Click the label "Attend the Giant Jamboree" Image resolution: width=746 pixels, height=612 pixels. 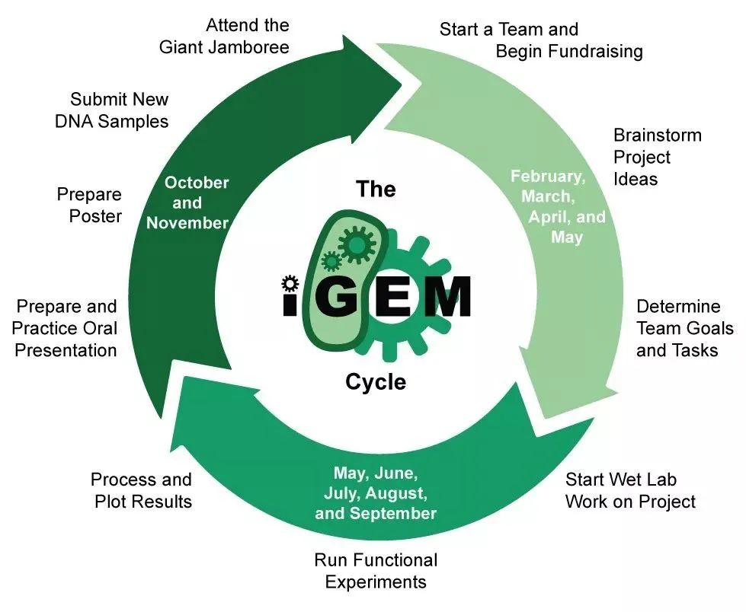[x=224, y=37]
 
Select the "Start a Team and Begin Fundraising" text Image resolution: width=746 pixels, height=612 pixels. [x=541, y=40]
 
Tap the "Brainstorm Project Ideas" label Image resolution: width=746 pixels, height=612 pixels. [x=657, y=157]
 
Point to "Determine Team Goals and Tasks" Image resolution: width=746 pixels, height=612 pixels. [x=684, y=328]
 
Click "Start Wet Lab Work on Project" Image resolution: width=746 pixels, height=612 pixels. [x=630, y=491]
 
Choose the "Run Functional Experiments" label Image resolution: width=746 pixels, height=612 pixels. [x=376, y=571]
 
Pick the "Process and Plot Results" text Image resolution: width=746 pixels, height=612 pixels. [x=141, y=490]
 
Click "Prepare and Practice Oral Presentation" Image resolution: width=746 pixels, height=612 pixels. [x=66, y=328]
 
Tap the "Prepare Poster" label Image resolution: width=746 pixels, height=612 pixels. [x=89, y=206]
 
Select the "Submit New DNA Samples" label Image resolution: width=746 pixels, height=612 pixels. [x=112, y=110]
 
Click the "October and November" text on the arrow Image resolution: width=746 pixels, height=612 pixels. [x=187, y=202]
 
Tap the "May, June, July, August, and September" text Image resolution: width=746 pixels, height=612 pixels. [x=376, y=493]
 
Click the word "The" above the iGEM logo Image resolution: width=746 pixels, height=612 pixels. [x=376, y=188]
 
